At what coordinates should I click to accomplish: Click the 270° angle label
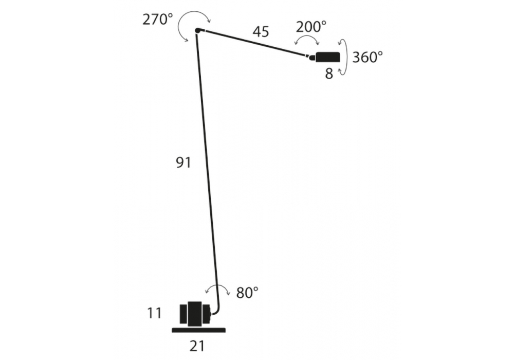tap(157, 20)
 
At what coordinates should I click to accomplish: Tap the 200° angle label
tap(311, 27)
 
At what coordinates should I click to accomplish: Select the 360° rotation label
tap(368, 57)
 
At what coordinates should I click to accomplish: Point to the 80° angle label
tap(247, 293)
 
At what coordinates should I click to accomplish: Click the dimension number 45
tap(261, 32)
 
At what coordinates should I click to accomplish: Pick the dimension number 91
tap(183, 163)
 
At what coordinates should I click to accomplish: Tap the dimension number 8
tap(329, 74)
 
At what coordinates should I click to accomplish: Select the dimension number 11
tap(154, 313)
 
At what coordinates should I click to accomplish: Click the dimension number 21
tap(197, 346)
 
